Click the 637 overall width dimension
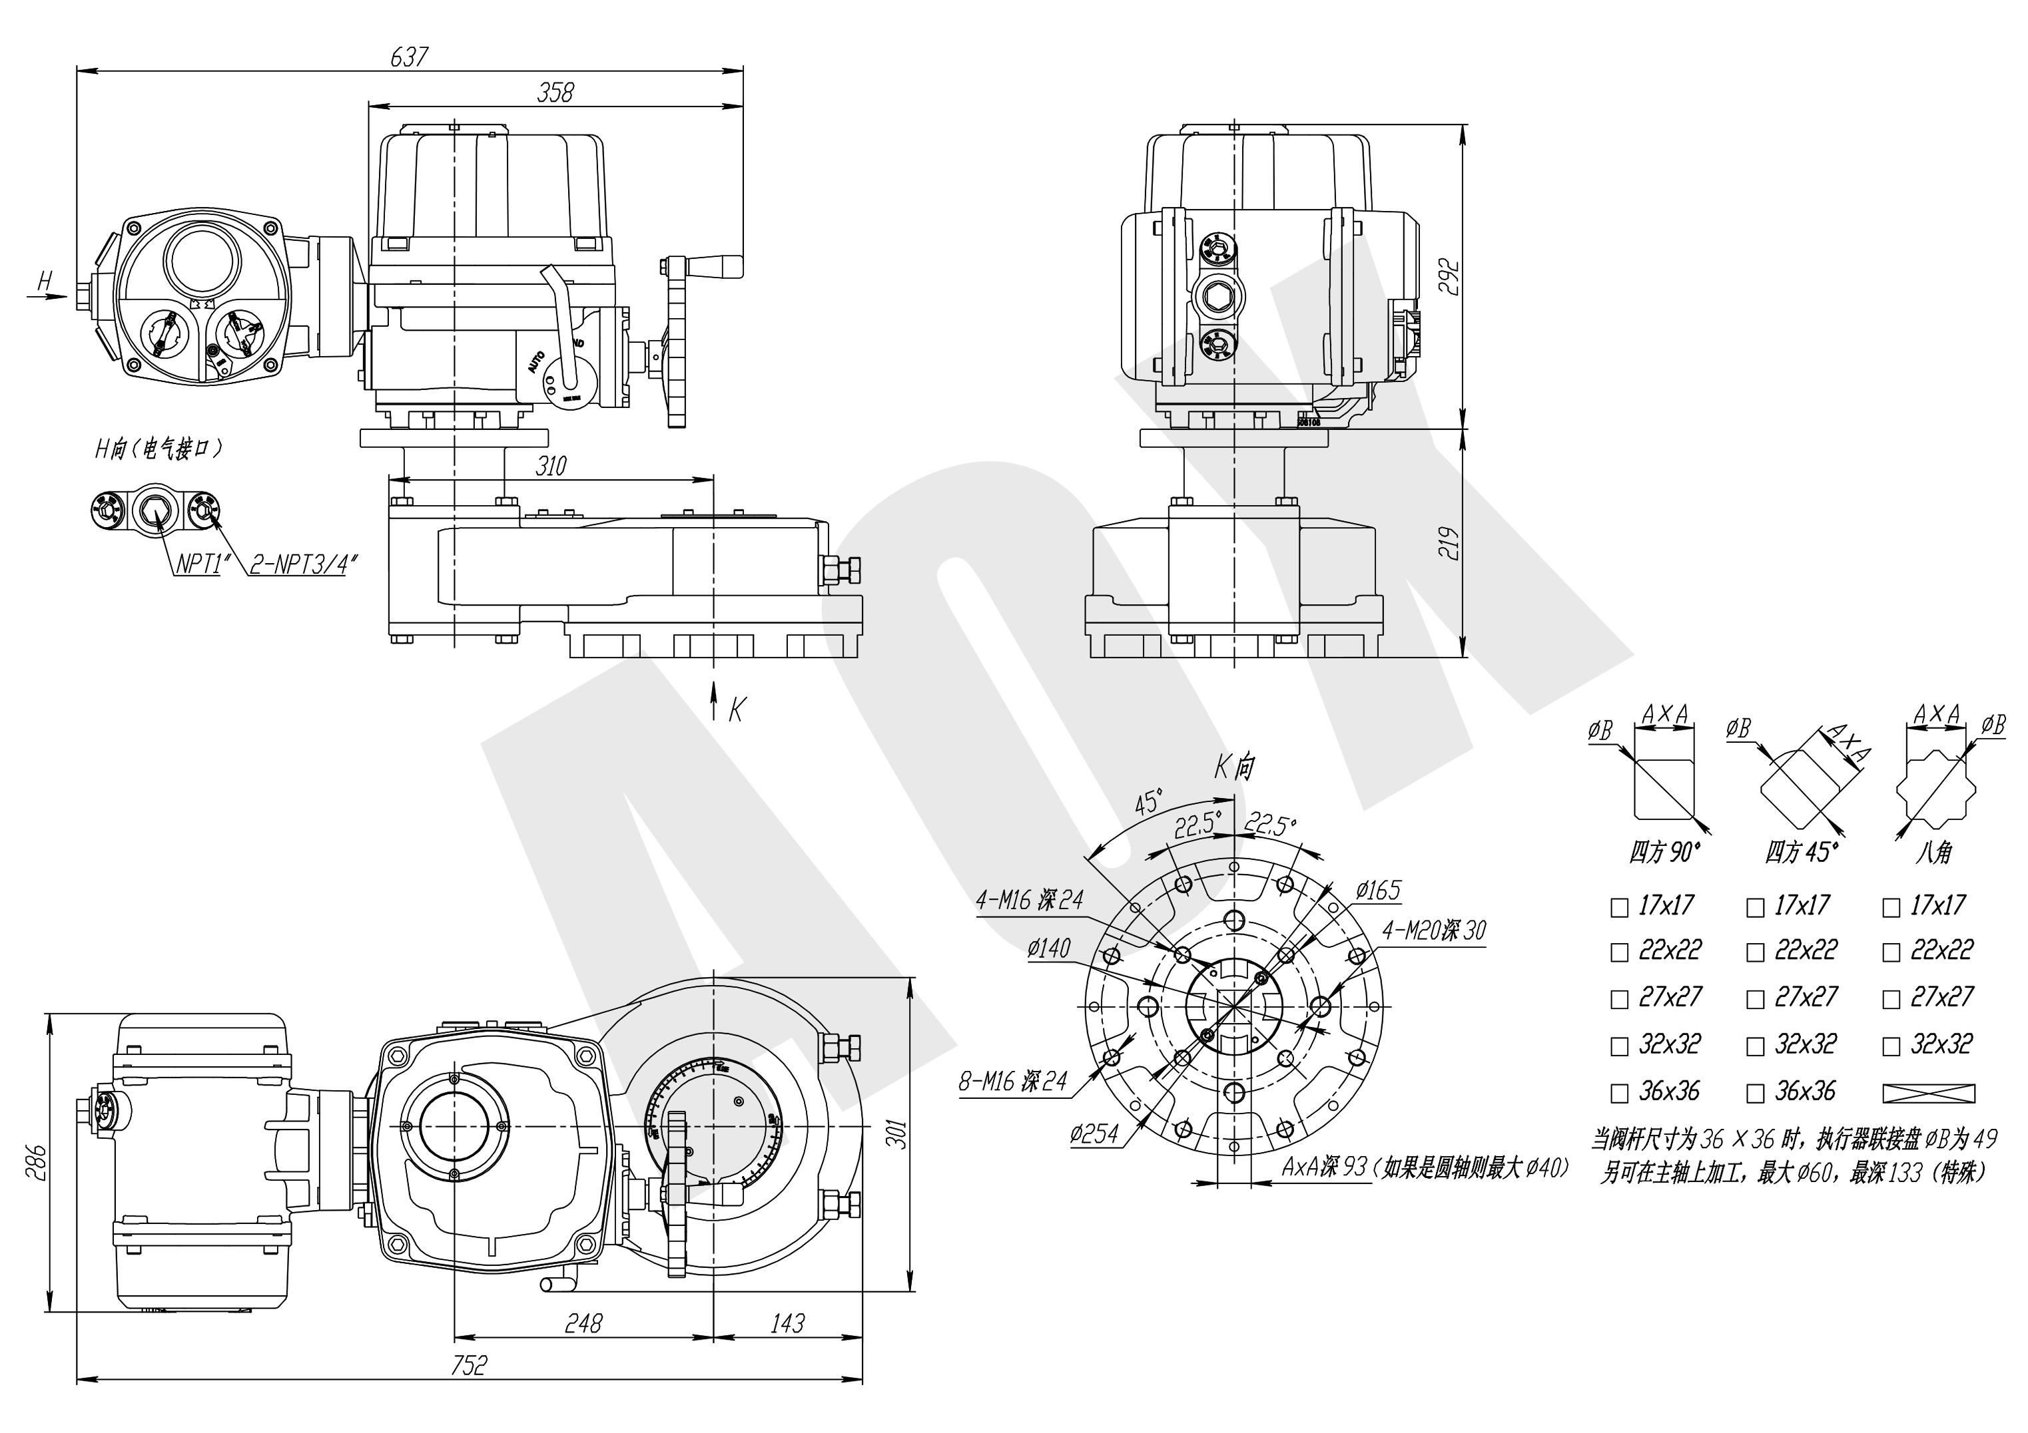pyautogui.click(x=409, y=57)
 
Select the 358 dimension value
pyautogui.click(x=555, y=92)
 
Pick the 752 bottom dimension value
pyautogui.click(x=468, y=1365)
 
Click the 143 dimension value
pyautogui.click(x=787, y=1323)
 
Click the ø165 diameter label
pyautogui.click(x=1378, y=890)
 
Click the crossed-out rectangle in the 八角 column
pyautogui.click(x=1929, y=1093)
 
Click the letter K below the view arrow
pyautogui.click(x=737, y=709)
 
